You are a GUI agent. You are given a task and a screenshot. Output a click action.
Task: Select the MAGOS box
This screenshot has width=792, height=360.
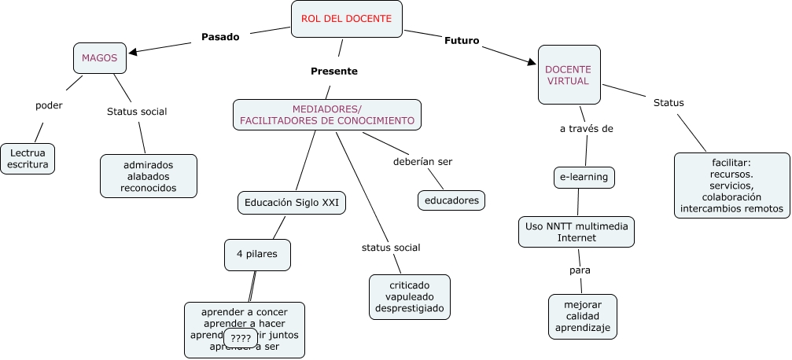[99, 57]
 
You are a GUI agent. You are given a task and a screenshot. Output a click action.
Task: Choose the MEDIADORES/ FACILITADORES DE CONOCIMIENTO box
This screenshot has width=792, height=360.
[326, 115]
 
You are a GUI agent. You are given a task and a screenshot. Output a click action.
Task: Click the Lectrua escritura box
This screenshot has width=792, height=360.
[28, 158]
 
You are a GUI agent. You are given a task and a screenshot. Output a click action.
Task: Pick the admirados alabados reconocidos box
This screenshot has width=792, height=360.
[148, 176]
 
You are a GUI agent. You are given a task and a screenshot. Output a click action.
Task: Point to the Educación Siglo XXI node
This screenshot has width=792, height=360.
[292, 203]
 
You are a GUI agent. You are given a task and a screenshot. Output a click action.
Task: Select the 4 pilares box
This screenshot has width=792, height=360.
[257, 254]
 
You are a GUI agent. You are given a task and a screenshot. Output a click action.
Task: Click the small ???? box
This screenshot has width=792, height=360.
[241, 338]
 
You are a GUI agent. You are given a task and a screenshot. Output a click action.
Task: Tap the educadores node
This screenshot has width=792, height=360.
[451, 200]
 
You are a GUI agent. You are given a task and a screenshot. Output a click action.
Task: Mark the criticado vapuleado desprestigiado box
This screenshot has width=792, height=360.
[409, 296]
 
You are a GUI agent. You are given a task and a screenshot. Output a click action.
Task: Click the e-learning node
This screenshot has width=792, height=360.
[584, 177]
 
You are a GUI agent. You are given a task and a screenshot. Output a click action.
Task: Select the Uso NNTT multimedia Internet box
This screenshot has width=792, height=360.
[577, 232]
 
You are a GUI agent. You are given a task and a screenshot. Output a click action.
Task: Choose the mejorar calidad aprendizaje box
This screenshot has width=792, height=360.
[582, 316]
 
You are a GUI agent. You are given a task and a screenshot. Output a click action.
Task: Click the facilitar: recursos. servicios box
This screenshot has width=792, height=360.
[731, 186]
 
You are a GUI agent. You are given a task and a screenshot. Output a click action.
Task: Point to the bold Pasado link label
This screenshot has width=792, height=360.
[220, 36]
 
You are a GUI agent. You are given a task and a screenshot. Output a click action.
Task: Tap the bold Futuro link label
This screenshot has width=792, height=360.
[462, 40]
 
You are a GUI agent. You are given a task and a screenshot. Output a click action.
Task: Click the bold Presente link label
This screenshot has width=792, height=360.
[333, 71]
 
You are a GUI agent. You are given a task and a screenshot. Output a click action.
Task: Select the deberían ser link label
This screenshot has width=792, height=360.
[422, 162]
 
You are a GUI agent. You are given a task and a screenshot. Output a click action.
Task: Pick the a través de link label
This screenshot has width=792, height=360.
[586, 129]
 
